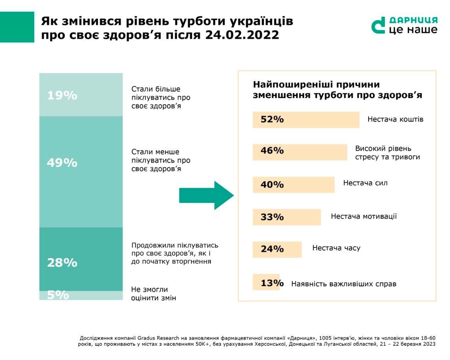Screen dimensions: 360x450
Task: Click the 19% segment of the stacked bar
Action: [x=81, y=95]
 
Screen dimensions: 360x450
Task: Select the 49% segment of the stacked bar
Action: [x=81, y=172]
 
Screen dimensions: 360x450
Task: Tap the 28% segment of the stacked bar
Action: [x=81, y=259]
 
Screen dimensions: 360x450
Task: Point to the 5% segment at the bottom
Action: [x=81, y=295]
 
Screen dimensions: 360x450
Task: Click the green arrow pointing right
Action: [x=206, y=196]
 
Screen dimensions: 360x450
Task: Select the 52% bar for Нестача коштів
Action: [x=306, y=120]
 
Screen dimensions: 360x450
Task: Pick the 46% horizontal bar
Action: [x=300, y=152]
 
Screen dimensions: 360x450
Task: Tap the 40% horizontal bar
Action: [x=293, y=185]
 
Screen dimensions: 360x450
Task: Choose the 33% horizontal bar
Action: [x=287, y=217]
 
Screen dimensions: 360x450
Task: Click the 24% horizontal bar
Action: [x=277, y=249]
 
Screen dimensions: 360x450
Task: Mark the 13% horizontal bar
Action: [x=266, y=282]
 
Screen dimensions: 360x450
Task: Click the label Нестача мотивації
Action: [x=364, y=216]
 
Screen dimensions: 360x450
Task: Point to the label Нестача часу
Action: [x=336, y=248]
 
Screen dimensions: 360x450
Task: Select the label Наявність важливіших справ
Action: [x=343, y=284]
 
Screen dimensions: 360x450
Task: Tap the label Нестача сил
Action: [x=365, y=183]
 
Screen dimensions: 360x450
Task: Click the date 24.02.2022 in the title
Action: [x=242, y=35]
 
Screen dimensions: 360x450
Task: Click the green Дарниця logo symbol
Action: [x=378, y=26]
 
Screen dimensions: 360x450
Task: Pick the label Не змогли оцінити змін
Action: [x=153, y=294]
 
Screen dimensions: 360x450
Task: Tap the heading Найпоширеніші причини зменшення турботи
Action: [x=337, y=90]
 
